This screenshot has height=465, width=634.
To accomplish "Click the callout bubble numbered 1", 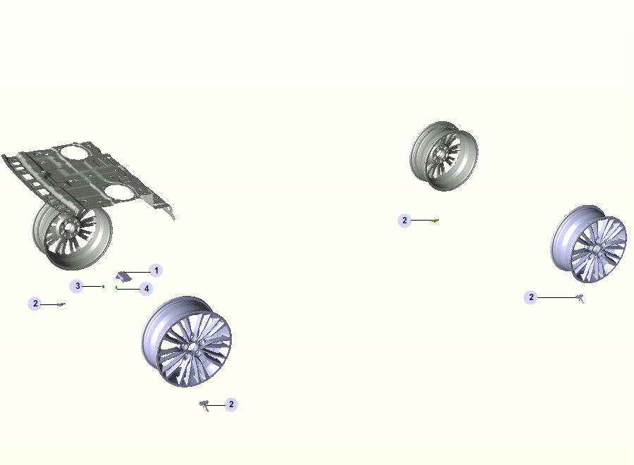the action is pyautogui.click(x=156, y=271).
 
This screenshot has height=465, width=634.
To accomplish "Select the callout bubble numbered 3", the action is pyautogui.click(x=77, y=286).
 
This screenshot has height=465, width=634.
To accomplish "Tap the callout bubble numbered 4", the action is pyautogui.click(x=146, y=289).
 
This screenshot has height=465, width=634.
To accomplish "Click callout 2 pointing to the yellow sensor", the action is pyautogui.click(x=404, y=221).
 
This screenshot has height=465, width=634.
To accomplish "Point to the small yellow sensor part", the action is pyautogui.click(x=435, y=221).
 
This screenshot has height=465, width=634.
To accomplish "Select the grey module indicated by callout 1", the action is pyautogui.click(x=124, y=277).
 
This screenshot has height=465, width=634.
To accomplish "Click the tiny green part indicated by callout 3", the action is pyautogui.click(x=104, y=287).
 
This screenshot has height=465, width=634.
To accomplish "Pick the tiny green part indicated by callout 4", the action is pyautogui.click(x=116, y=287).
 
